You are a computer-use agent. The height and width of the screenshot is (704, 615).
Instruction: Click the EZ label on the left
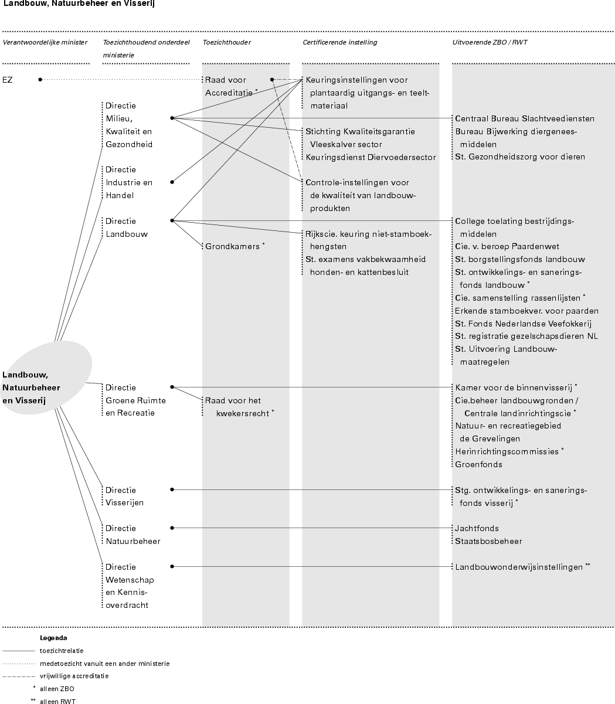(x=8, y=80)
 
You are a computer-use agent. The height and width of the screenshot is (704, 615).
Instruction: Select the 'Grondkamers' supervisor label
(x=232, y=247)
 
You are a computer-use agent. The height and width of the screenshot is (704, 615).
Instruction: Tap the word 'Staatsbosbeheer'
(x=488, y=541)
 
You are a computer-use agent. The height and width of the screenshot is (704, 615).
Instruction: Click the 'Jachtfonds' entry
(x=477, y=528)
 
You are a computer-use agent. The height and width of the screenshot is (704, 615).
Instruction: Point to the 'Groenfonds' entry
(x=478, y=464)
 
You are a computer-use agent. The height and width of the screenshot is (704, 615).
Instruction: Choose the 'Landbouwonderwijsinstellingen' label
(x=519, y=567)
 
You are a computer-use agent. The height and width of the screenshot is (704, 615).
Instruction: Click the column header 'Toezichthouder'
(x=226, y=42)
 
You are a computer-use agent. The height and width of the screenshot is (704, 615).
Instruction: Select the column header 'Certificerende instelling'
(x=339, y=42)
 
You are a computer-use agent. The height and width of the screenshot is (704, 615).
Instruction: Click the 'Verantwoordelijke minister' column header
(x=45, y=42)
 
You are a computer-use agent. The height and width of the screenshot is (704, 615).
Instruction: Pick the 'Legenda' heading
(x=53, y=638)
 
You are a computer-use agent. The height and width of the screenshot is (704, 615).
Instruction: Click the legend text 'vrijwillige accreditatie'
(x=74, y=676)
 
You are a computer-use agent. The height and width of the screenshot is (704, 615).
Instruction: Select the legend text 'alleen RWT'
(x=57, y=701)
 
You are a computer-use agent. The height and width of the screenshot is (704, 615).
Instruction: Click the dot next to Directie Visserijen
(x=172, y=489)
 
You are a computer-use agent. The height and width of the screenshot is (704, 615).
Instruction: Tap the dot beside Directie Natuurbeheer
(x=172, y=528)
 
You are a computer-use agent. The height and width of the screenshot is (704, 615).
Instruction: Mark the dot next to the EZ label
(x=40, y=80)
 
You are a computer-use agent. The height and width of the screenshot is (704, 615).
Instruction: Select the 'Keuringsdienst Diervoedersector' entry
(x=371, y=157)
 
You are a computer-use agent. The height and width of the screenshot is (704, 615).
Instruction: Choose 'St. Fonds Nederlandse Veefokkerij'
(x=523, y=324)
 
